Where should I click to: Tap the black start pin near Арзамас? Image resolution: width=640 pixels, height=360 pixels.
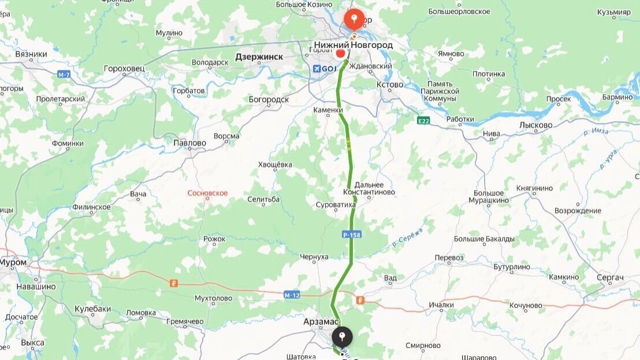tap(342, 336)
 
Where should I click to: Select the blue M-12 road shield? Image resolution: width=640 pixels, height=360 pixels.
tap(292, 295)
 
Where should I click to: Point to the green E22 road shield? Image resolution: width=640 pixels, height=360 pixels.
tap(424, 120)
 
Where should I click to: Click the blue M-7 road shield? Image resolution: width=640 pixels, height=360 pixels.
tap(64, 75)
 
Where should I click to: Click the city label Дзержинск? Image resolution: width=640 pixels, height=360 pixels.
tap(259, 57)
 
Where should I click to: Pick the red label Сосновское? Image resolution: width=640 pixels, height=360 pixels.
tap(207, 193)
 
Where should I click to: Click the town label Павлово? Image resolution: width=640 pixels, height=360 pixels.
tap(189, 143)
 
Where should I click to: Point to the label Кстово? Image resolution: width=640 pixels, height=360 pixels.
tap(390, 84)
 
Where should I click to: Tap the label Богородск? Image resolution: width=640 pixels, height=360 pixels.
tap(269, 99)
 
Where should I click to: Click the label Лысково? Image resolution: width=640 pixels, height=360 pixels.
tap(535, 125)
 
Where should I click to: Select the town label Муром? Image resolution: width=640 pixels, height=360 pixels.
tap(13, 262)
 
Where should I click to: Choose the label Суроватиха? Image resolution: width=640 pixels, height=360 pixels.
tap(336, 205)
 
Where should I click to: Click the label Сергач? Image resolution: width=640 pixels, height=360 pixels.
tap(610, 277)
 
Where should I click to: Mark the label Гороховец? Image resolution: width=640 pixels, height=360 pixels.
tap(124, 68)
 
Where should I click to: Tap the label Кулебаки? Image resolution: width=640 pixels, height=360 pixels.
tap(92, 309)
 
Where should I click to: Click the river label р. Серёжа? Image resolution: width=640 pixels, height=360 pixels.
tap(408, 237)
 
